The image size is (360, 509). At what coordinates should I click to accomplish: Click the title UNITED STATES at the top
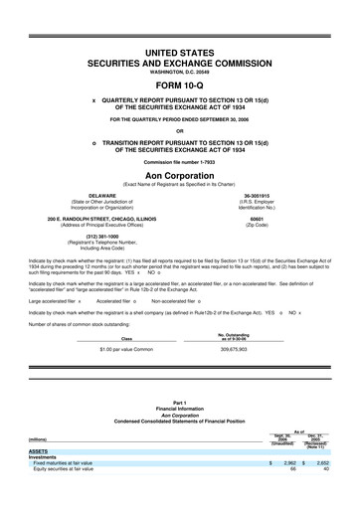pyautogui.click(x=180, y=50)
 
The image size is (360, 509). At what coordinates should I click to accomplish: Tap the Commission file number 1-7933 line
pyautogui.click(x=180, y=160)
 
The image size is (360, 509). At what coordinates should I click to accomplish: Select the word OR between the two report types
pyautogui.click(x=180, y=130)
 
